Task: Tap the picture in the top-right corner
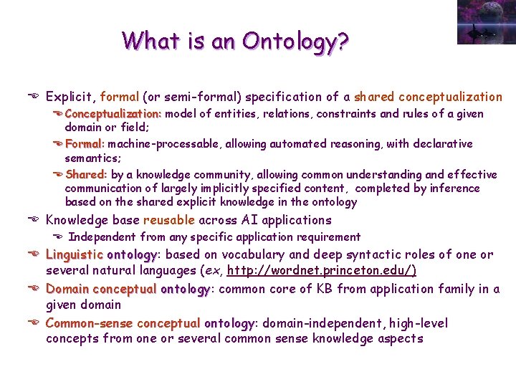(484, 22)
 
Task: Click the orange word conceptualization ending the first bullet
(450, 97)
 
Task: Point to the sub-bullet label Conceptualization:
(113, 114)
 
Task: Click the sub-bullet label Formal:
(85, 144)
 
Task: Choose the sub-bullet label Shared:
(86, 174)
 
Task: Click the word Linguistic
(75, 254)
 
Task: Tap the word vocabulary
(254, 254)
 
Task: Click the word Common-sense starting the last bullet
(90, 323)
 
